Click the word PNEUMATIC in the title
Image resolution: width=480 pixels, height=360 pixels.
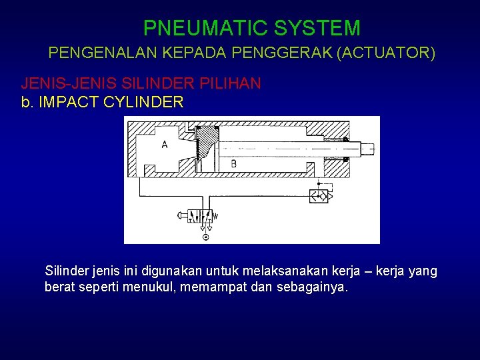coord(195,28)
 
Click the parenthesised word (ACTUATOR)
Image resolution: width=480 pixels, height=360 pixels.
coord(386,53)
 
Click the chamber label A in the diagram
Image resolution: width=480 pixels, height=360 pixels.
coord(164,145)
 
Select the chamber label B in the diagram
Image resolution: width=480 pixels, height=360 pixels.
coord(233,163)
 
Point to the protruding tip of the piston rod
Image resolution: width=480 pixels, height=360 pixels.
coord(368,149)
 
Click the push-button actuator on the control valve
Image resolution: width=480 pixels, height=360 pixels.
coord(182,215)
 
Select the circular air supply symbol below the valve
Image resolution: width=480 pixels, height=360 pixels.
coord(205,237)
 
